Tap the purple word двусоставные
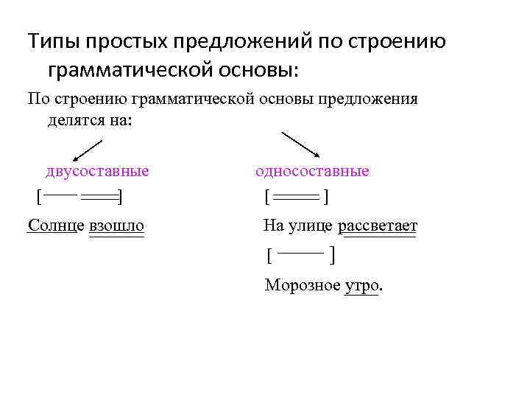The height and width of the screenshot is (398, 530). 97,172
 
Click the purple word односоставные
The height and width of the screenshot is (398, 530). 312,172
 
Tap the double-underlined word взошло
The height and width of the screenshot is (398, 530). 116,224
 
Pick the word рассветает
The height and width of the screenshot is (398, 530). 378,224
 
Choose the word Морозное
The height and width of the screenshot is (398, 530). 303,285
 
